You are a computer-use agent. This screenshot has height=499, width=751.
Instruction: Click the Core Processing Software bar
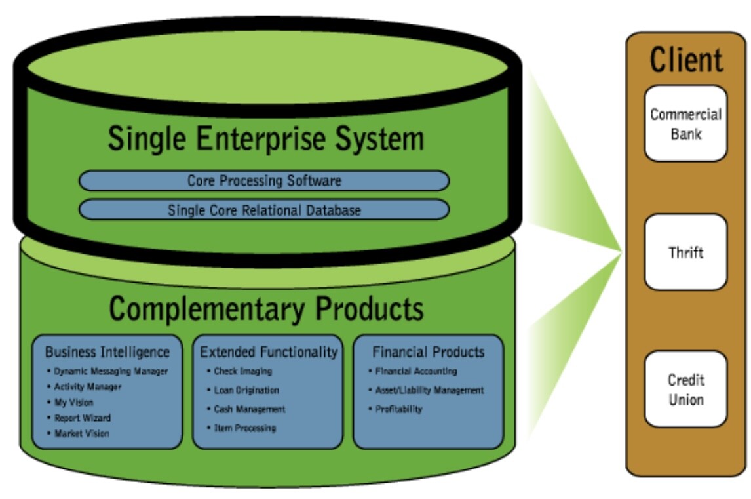click(x=264, y=180)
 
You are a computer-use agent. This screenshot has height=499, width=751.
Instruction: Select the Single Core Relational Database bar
click(x=264, y=210)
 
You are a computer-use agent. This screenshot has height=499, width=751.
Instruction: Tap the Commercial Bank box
click(x=685, y=123)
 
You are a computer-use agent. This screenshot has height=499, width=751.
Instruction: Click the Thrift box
click(x=685, y=252)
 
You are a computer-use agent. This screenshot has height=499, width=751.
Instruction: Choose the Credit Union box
click(x=685, y=389)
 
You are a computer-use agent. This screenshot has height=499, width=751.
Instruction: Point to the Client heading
click(x=686, y=60)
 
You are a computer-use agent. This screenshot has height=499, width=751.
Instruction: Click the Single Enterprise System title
click(x=265, y=139)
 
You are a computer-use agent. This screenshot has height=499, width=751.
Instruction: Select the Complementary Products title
click(x=265, y=308)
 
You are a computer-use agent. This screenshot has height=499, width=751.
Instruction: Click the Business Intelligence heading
click(x=107, y=352)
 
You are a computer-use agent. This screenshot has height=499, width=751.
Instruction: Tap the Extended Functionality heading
click(x=269, y=352)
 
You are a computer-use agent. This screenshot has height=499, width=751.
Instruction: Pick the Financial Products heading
click(x=429, y=352)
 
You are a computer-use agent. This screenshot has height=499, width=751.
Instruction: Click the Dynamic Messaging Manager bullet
click(x=110, y=371)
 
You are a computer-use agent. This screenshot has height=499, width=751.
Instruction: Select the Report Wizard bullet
click(x=82, y=418)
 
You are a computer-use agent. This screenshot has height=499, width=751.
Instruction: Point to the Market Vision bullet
click(x=81, y=433)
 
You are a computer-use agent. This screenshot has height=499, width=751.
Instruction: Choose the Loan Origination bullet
click(x=246, y=390)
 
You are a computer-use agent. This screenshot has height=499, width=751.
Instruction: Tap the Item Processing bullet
click(x=244, y=428)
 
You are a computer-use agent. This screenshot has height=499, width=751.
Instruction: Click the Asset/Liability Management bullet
click(x=429, y=390)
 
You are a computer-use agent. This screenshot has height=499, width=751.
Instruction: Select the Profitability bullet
click(x=398, y=409)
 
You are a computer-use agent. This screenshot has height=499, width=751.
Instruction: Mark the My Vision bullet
click(x=73, y=402)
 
